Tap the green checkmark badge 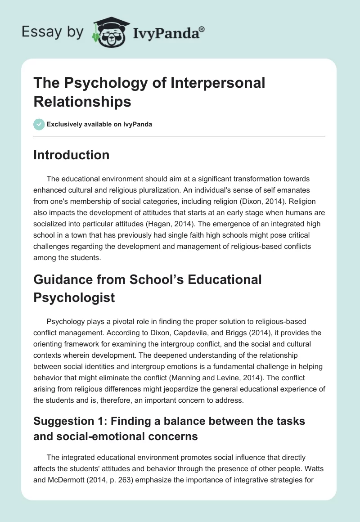click(x=39, y=124)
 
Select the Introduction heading click(x=71, y=155)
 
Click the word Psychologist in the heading click(x=75, y=297)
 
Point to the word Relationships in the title click(x=82, y=101)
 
